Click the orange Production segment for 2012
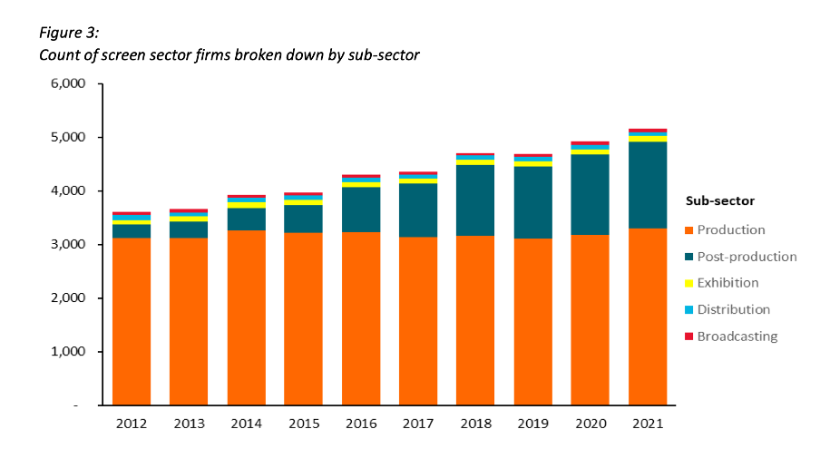pyautogui.click(x=131, y=321)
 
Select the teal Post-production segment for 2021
pyautogui.click(x=648, y=185)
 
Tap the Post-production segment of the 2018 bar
pyautogui.click(x=475, y=200)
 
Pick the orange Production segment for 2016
pyautogui.click(x=360, y=318)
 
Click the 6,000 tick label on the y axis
pyautogui.click(x=67, y=84)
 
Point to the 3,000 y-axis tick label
pyautogui.click(x=67, y=245)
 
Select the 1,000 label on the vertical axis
pyautogui.click(x=67, y=352)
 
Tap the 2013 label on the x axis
pyautogui.click(x=189, y=424)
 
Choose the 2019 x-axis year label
pyautogui.click(x=532, y=424)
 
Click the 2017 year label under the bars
pyautogui.click(x=417, y=424)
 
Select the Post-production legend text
pyautogui.click(x=747, y=257)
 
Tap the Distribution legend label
pyautogui.click(x=733, y=310)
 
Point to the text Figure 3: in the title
pyautogui.click(x=69, y=33)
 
